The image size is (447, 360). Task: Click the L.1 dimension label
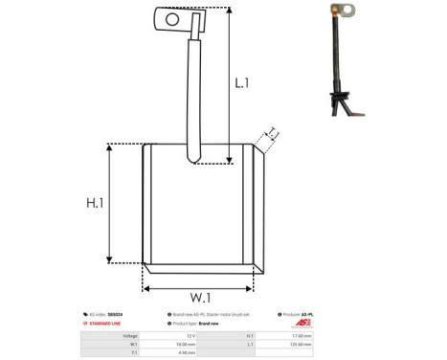pos(243,83)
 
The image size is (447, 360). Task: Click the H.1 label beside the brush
pos(92,203)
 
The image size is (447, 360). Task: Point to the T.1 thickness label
pos(272,132)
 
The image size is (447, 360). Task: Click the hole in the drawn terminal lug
pos(172,18)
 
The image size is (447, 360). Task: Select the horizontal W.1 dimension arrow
pos(198,284)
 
